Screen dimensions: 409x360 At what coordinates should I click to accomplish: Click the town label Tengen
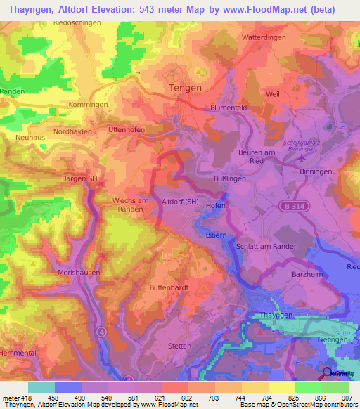186,88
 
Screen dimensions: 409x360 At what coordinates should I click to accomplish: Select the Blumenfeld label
229,108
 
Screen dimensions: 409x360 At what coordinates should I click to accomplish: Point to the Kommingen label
89,104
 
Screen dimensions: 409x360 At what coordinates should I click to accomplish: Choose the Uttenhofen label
127,130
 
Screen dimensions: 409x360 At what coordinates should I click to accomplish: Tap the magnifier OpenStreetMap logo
328,374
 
